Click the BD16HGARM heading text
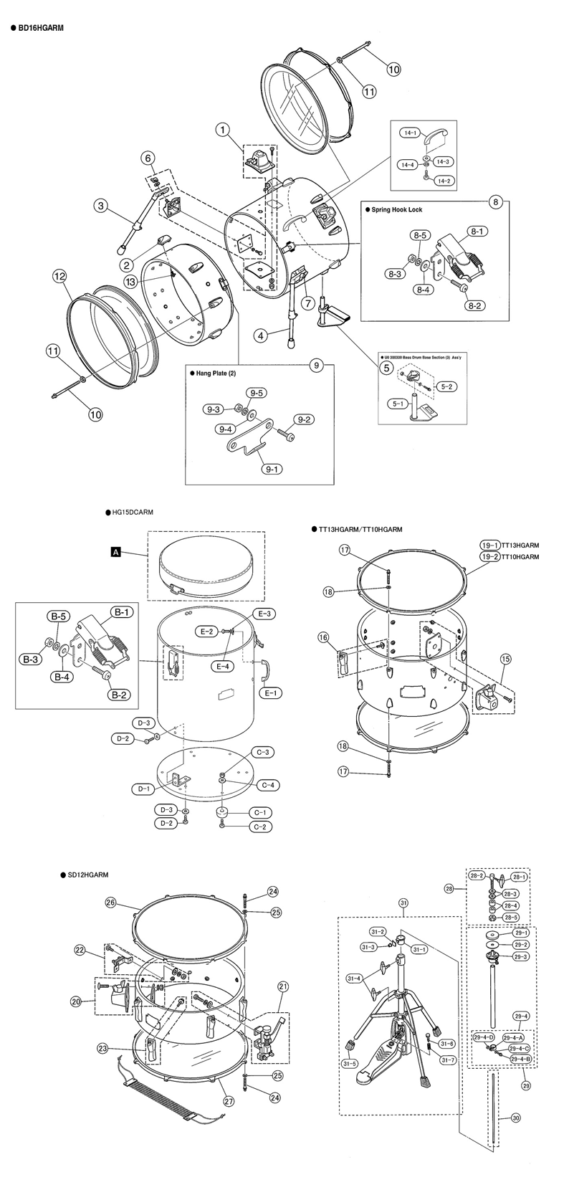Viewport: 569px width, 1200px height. [41, 27]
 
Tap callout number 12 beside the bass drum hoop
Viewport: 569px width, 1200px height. [59, 276]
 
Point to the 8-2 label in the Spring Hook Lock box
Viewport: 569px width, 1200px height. [476, 305]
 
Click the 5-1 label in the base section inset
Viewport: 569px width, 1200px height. [394, 404]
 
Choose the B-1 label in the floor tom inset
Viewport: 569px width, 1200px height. [120, 612]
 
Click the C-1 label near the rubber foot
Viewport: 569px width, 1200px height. [259, 812]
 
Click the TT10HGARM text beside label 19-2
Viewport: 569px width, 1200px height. [521, 556]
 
